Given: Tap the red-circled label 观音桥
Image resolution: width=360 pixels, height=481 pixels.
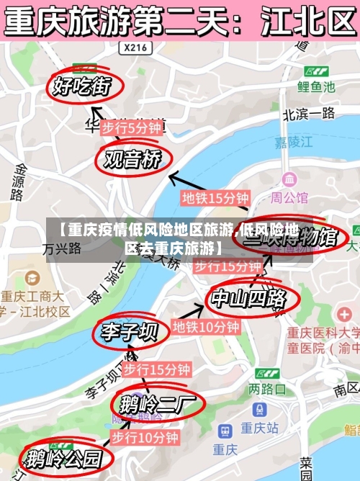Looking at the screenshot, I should coord(132,159).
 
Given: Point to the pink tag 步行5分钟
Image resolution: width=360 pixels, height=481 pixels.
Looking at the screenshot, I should coord(131,127).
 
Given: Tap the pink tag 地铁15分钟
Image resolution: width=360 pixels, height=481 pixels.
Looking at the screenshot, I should coord(215,197).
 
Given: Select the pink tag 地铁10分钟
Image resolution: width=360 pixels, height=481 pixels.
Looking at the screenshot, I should coord(206,327).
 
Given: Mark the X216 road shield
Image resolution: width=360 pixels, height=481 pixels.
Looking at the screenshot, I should coord(135,48).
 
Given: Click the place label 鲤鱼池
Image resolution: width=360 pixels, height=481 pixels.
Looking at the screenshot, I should coord(317,86).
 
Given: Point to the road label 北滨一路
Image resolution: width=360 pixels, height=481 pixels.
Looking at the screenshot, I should coord(309,113).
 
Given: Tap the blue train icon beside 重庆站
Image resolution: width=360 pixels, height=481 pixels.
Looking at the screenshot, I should coord(226,430).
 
